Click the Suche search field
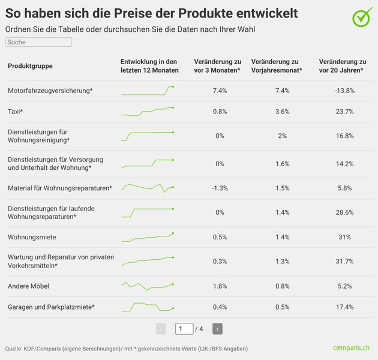click(x=38, y=43)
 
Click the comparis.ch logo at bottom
click(x=352, y=348)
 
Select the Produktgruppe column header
click(x=30, y=66)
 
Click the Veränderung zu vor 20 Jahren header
click(x=342, y=66)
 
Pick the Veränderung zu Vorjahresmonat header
click(x=276, y=66)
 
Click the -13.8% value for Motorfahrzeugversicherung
click(x=344, y=91)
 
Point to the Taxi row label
click(x=16, y=112)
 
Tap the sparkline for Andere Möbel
click(x=148, y=286)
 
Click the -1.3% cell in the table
click(x=220, y=188)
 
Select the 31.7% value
click(x=344, y=262)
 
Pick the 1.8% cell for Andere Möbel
click(x=220, y=286)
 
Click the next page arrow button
click(x=217, y=329)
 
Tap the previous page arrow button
click(x=161, y=329)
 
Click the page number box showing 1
click(x=184, y=329)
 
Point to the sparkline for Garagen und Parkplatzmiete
click(x=148, y=307)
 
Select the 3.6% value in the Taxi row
click(x=282, y=112)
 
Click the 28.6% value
click(x=344, y=212)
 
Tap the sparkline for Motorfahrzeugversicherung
click(x=148, y=91)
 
